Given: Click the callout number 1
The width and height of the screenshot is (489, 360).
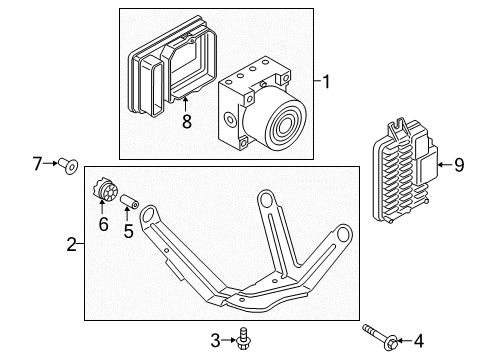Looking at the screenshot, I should point(326,81).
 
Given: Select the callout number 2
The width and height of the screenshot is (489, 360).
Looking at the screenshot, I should point(71,243).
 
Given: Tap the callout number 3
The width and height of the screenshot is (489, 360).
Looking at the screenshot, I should point(215,338).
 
